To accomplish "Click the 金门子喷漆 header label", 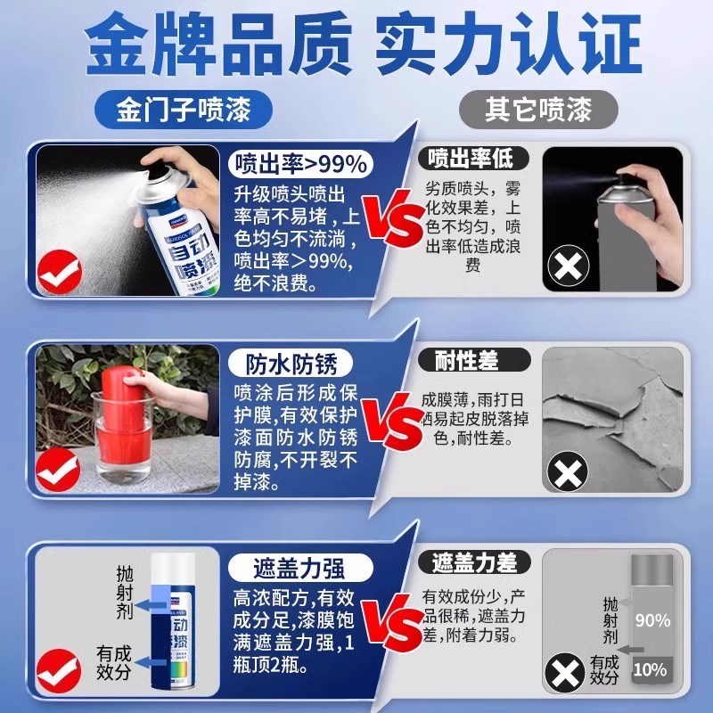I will tap(182, 111).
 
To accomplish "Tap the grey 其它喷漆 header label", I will tap(537, 111).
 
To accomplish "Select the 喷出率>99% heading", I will tap(299, 164).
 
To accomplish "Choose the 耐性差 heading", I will tap(466, 360).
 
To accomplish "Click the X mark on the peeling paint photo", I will tap(568, 470).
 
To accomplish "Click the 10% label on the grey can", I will tap(652, 668).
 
